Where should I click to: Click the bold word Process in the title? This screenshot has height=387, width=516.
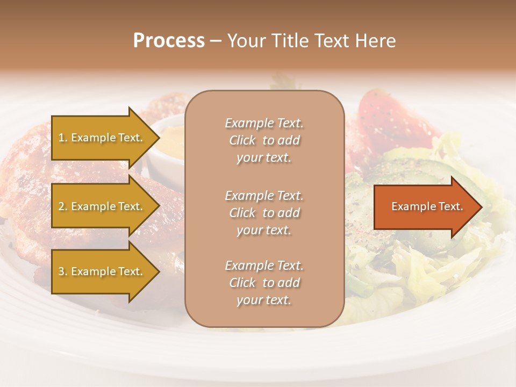(x=169, y=41)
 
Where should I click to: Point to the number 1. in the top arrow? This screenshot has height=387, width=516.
(x=63, y=138)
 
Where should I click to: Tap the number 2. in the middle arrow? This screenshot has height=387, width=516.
(x=63, y=206)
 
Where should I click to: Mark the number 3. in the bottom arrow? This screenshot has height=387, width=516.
(x=63, y=271)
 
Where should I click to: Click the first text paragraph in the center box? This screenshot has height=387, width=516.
(x=264, y=140)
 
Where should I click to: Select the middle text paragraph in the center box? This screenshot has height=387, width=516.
(x=264, y=213)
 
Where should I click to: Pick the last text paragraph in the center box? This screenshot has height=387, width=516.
(x=264, y=283)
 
